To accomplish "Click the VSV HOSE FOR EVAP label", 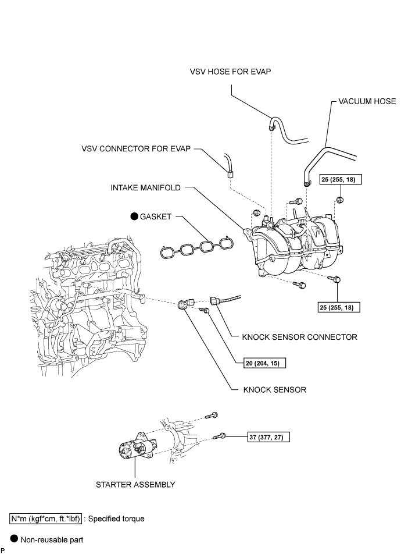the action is (x=230, y=72).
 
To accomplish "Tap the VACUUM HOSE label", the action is (x=367, y=101).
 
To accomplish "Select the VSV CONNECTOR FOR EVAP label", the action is (x=136, y=149).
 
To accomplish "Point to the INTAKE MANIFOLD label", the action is (x=145, y=187).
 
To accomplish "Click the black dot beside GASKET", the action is (x=134, y=216).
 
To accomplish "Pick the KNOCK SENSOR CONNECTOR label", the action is (x=299, y=337).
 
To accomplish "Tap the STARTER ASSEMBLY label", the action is (x=135, y=484).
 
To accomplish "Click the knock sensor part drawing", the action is (x=186, y=304).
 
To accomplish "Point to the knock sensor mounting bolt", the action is (x=205, y=310).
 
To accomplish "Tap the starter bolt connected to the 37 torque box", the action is (x=220, y=436).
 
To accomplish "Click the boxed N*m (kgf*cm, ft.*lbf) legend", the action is (x=46, y=519).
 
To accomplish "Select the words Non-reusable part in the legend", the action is (x=52, y=540).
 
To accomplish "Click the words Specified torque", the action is (x=116, y=519).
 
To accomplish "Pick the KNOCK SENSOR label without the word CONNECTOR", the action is (x=275, y=390).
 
